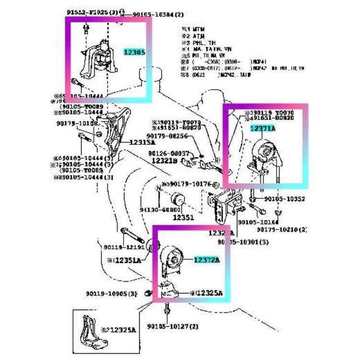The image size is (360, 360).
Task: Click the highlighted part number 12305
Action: (x=134, y=52)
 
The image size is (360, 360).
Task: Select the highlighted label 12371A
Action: (x=263, y=128)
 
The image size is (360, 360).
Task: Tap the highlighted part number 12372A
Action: (x=207, y=260)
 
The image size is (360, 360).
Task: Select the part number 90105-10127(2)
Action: (x=173, y=327)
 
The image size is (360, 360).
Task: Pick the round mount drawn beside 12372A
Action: (x=173, y=259)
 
